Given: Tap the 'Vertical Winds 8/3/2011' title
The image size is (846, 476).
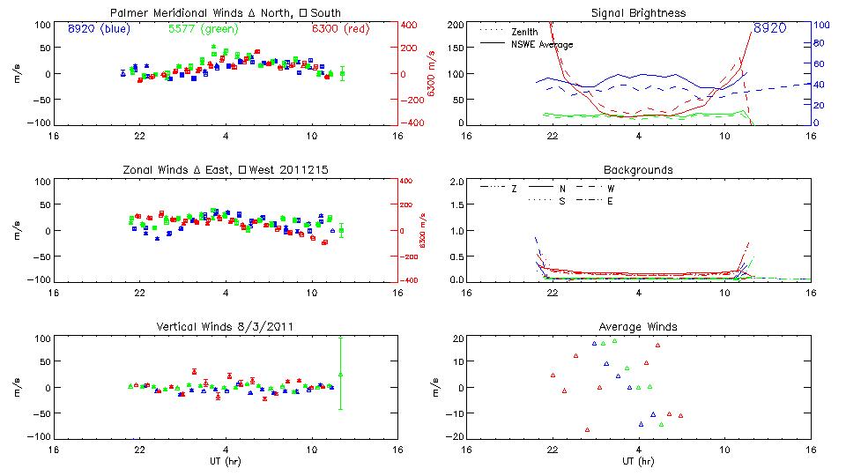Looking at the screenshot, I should coord(226,326).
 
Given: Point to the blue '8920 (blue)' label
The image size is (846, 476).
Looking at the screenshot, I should coord(98,28).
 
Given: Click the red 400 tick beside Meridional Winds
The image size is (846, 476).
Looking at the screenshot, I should coord(410,25).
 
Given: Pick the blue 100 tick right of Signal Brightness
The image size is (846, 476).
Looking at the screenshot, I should coord(818,25).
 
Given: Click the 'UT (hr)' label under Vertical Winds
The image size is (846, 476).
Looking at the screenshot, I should coord(226,461).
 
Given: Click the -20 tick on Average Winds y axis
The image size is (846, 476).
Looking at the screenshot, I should coord(456,436).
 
